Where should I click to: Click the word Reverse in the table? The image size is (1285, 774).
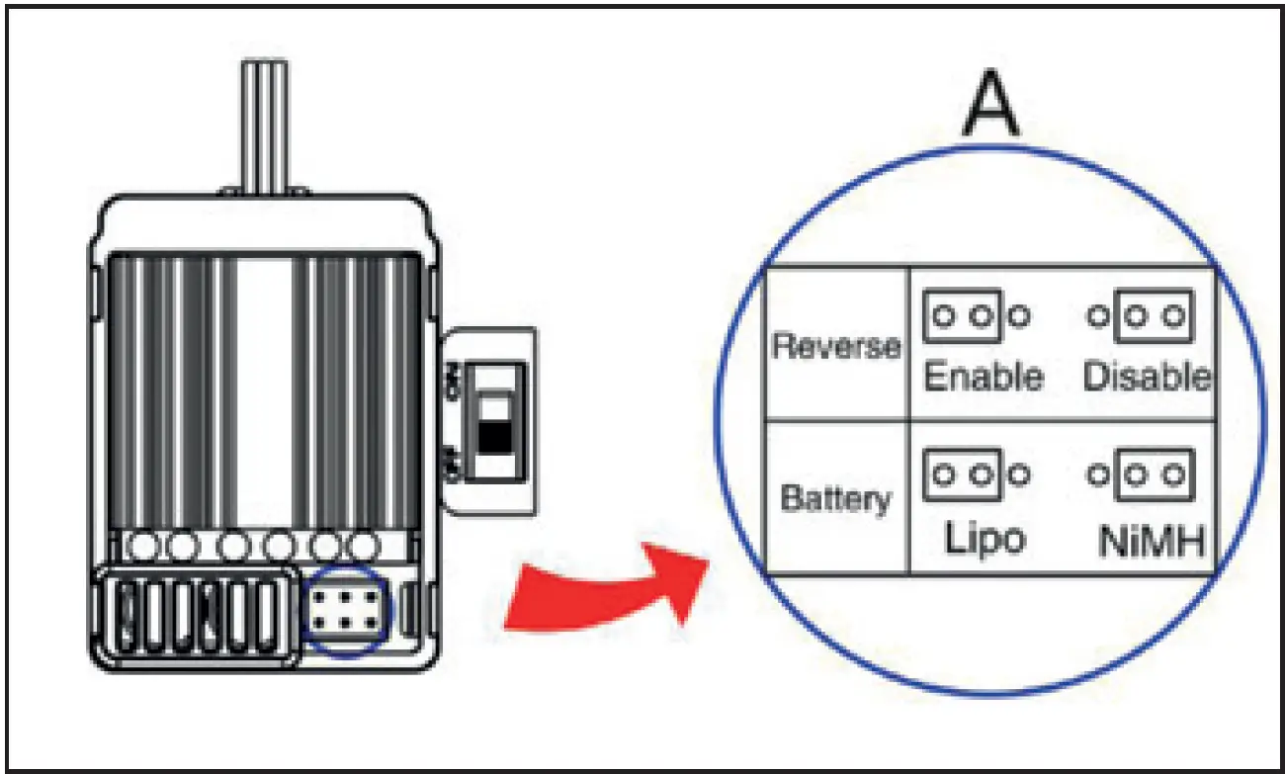[836, 346]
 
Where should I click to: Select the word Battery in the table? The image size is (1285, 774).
[836, 500]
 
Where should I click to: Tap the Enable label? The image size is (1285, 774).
[984, 377]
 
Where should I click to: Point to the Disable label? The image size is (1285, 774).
[1148, 377]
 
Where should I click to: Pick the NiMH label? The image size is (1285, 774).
[1152, 541]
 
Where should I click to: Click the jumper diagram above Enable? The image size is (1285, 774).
[977, 316]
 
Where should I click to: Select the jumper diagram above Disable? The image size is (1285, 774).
[1141, 316]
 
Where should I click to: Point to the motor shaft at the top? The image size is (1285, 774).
[265, 127]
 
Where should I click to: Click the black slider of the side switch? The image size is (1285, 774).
[495, 438]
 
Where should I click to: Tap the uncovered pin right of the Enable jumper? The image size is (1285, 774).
[1019, 315]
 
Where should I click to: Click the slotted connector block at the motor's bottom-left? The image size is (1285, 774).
[196, 617]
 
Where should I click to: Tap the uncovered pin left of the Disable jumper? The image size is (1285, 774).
[1098, 315]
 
